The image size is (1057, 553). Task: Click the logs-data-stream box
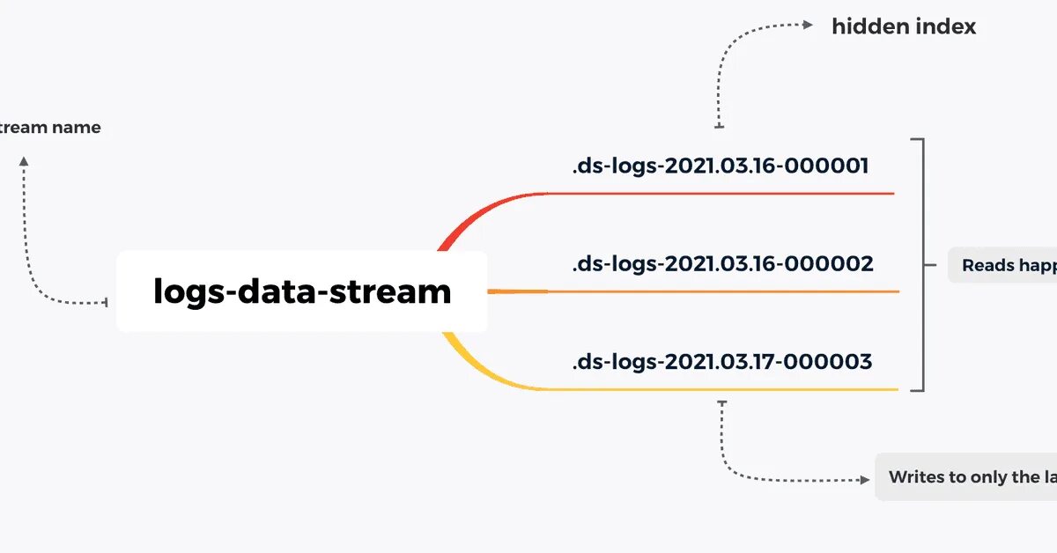[x=301, y=291]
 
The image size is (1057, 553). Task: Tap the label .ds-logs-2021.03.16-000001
[x=721, y=166]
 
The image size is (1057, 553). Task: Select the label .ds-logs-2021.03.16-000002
[x=722, y=263]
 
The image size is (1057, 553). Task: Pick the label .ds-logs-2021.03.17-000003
[x=722, y=361]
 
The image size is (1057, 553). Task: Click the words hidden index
[x=904, y=26]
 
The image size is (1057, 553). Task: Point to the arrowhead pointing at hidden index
[x=809, y=26]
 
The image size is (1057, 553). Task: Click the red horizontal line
[x=722, y=193]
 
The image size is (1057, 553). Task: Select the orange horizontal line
[x=722, y=291]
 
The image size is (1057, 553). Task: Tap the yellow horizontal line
[x=722, y=389]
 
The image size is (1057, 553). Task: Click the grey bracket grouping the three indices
[x=921, y=264]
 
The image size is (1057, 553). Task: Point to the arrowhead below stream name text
[x=24, y=162]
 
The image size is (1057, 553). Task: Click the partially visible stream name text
[x=50, y=128]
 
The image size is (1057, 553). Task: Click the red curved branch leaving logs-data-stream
[x=467, y=220]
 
